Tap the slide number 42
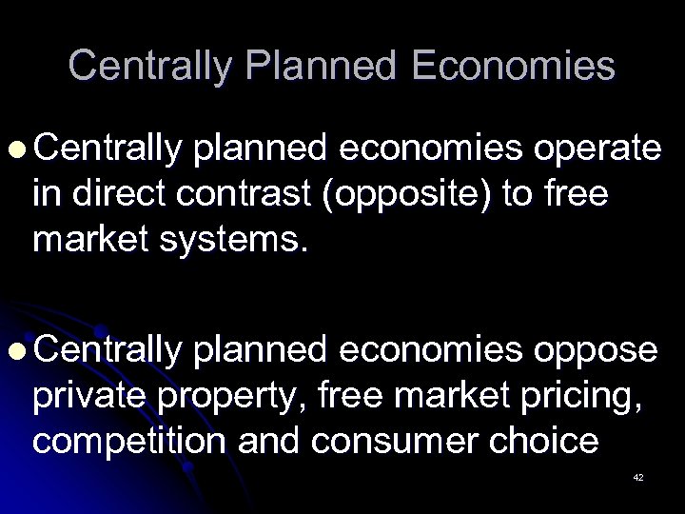click(x=638, y=477)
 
